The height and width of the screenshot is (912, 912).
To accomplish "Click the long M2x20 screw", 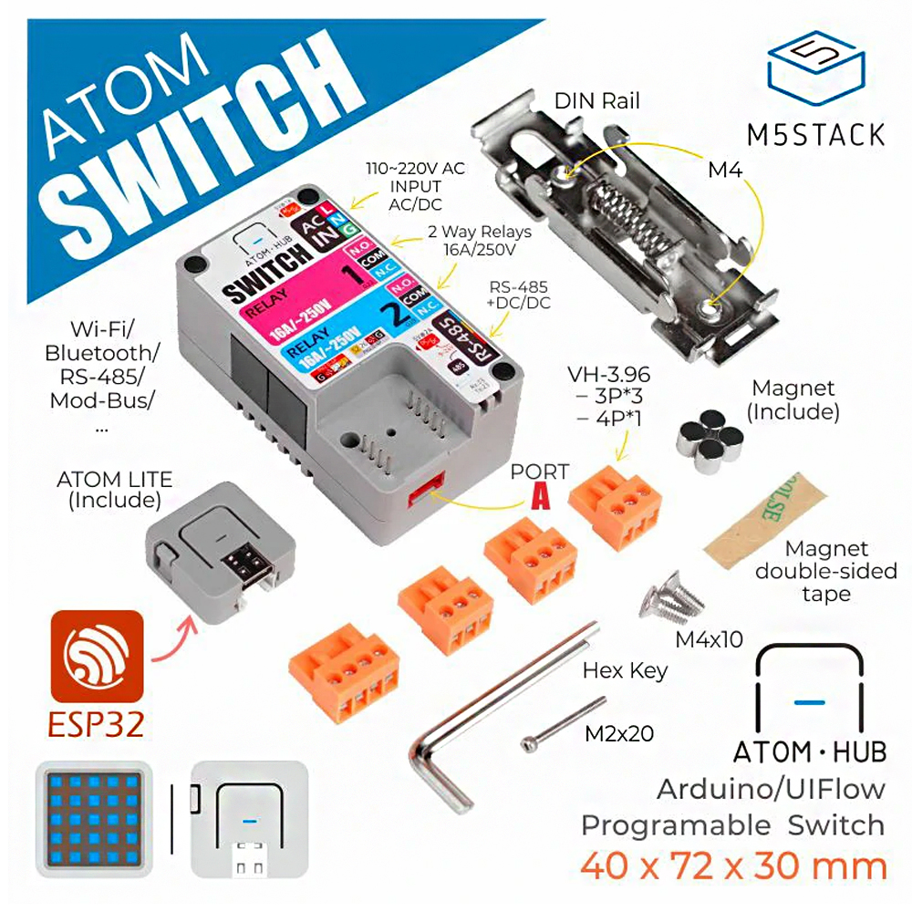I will coord(565,724).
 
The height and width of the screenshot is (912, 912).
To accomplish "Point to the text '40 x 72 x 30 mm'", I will coord(734,865).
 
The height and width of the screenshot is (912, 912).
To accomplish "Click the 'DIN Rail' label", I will coord(598,99).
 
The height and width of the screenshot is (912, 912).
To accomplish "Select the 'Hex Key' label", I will coord(626,671).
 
